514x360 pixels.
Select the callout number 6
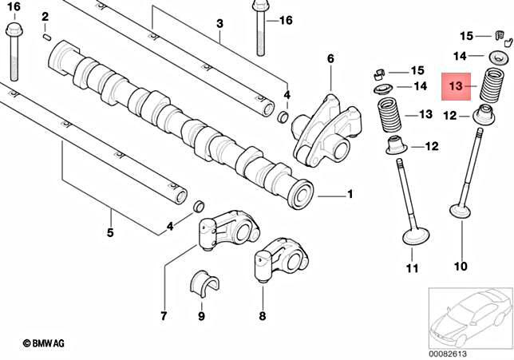[330, 59]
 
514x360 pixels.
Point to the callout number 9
[201, 317]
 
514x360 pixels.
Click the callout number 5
[110, 233]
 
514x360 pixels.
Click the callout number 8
[263, 317]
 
